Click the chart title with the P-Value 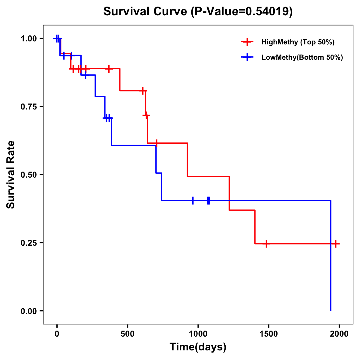tap(198, 11)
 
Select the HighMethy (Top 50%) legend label tap(298, 42)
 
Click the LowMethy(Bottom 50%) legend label tap(302, 57)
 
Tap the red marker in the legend tap(247, 42)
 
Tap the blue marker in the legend tap(247, 57)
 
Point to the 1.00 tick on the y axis tap(28, 39)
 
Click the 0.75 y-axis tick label tap(28, 107)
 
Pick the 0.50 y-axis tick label tap(28, 175)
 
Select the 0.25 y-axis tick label tap(28, 243)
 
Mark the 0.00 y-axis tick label tap(28, 311)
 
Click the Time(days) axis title tap(198, 347)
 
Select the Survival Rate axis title tap(11, 175)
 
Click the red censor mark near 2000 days tap(336, 244)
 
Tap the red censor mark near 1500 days tap(266, 244)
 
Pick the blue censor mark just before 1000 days tap(193, 200)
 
